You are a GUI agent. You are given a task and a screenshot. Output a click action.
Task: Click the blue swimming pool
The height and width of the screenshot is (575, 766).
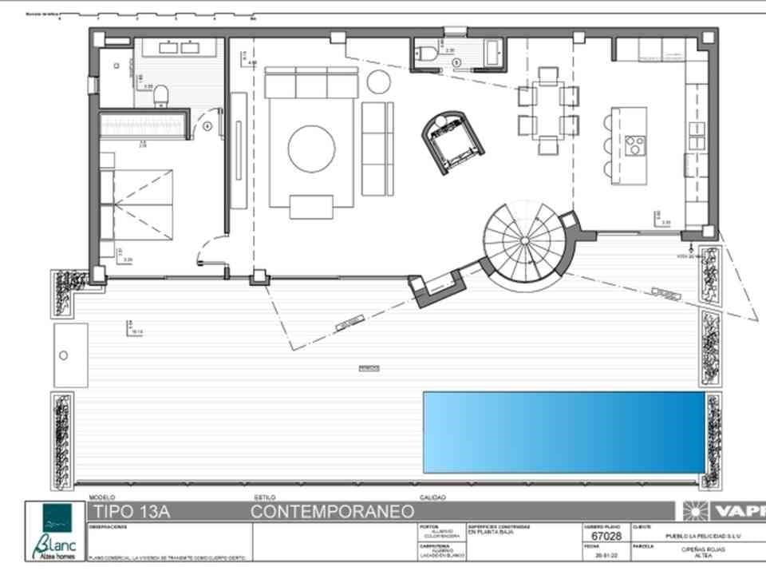tap(563, 432)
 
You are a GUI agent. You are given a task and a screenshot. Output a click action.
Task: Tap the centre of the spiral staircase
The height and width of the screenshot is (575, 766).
tap(525, 240)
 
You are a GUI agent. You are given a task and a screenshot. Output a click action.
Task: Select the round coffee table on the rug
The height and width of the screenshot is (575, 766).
tap(311, 149)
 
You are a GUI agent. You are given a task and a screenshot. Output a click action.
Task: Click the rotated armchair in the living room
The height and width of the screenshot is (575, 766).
tap(452, 143)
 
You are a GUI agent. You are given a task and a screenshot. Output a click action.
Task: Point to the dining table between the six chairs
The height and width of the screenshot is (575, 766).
tap(547, 109)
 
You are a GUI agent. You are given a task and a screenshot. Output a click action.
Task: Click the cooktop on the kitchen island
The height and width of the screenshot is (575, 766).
tap(636, 144)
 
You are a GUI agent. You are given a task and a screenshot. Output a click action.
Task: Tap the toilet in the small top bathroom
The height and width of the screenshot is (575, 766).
tap(428, 54)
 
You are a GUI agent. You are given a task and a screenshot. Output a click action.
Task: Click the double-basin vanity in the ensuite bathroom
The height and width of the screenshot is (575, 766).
tap(179, 47)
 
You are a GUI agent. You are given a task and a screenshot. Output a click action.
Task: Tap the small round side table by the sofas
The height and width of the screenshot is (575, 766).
tap(378, 81)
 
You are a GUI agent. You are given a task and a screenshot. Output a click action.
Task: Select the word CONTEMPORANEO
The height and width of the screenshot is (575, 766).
tap(333, 511)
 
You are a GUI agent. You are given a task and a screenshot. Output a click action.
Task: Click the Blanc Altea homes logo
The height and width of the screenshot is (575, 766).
tap(57, 530)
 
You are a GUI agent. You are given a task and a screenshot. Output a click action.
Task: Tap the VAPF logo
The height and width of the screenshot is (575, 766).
tap(722, 511)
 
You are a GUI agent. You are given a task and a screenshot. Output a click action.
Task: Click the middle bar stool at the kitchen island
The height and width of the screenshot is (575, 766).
tap(608, 145)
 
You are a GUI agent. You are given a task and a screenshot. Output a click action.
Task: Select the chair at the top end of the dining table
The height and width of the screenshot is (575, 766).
tap(547, 74)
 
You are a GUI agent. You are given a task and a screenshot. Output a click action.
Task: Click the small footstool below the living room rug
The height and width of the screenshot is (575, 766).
tap(311, 207)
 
